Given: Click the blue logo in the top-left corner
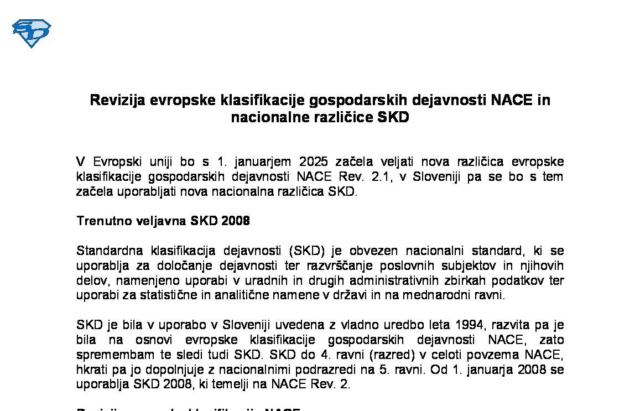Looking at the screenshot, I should pyautogui.click(x=32, y=33).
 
